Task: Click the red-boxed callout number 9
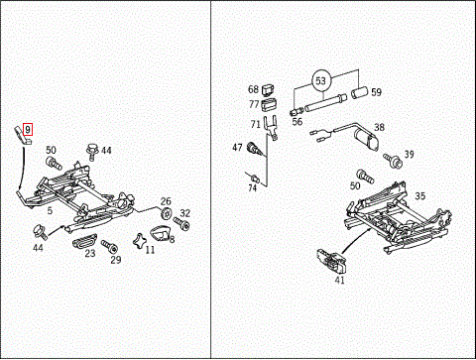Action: pos(29,129)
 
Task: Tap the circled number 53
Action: pos(320,77)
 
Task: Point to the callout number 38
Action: pos(379,127)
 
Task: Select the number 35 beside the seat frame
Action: pos(419,196)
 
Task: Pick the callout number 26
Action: pos(167,201)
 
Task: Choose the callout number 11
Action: pos(151,250)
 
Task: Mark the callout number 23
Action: pos(89,254)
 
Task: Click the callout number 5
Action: pos(50,210)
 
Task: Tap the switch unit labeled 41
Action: pos(330,259)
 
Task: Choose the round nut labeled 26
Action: pos(165,214)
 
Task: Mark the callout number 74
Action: pos(252,187)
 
